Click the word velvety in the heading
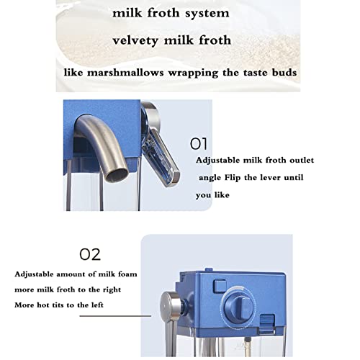[135, 40]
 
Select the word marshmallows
[125, 73]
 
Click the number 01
[199, 144]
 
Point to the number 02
[90, 254]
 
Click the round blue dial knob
[240, 307]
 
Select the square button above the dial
[220, 286]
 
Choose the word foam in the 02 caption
[127, 274]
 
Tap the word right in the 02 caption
[112, 290]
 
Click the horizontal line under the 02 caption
[115, 316]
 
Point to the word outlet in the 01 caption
[302, 160]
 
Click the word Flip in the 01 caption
[233, 178]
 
